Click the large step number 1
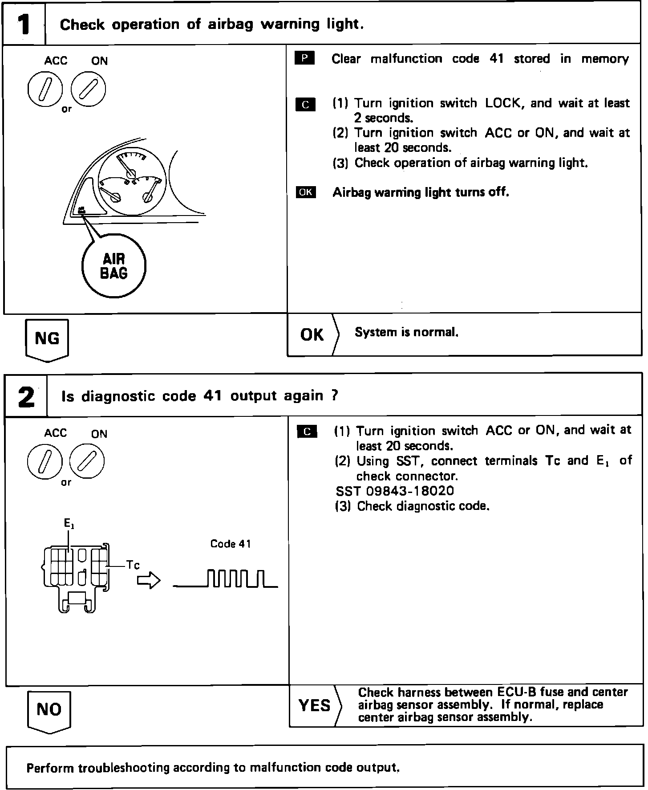click(24, 24)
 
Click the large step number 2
click(26, 396)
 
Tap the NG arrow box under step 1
click(47, 339)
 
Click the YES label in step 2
click(315, 705)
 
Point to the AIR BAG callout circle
click(114, 266)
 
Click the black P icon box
click(305, 58)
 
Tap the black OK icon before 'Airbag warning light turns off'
click(306, 192)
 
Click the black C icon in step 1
click(305, 104)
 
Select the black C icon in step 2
click(307, 432)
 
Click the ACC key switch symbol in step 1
click(45, 89)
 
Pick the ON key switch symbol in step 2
click(87, 460)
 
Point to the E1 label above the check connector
click(69, 524)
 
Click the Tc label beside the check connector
click(133, 566)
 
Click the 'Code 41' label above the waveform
click(231, 544)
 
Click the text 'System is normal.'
click(406, 332)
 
